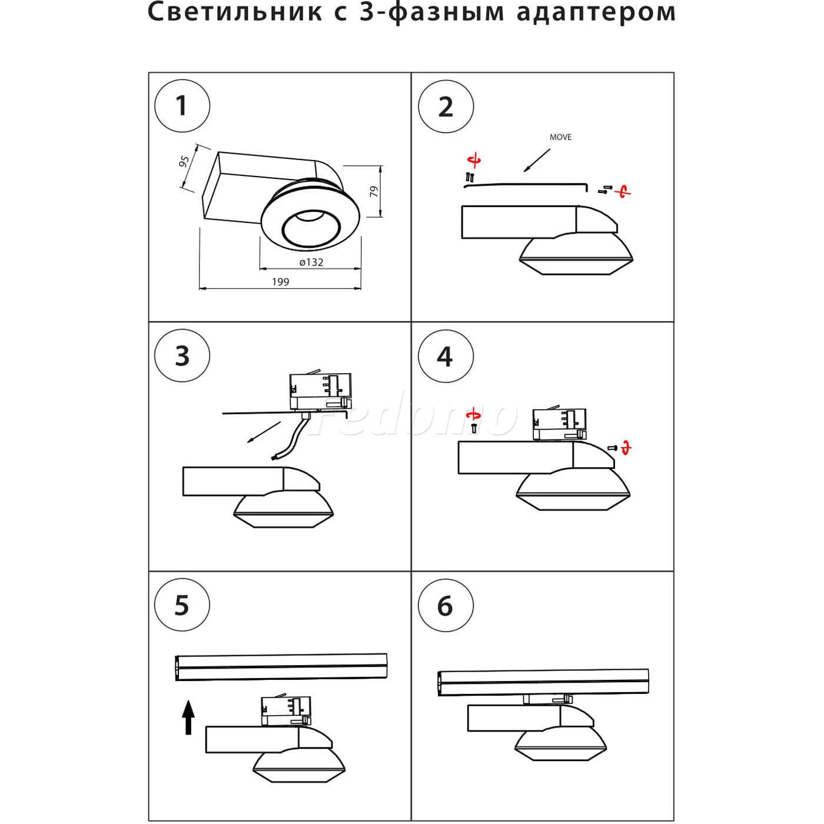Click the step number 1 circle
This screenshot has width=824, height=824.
[x=182, y=107]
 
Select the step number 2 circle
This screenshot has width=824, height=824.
[x=446, y=107]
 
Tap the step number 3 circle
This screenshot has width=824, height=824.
[x=182, y=356]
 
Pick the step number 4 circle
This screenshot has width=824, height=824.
[x=446, y=356]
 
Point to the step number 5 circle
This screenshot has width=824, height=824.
[x=182, y=606]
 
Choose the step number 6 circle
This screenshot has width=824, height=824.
[x=446, y=606]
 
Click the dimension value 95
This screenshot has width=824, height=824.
[x=184, y=161]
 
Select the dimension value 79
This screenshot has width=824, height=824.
[x=374, y=191]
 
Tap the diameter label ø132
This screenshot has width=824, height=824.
[x=311, y=263]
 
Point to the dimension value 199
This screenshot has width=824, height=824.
[x=281, y=282]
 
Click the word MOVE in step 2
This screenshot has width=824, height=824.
[x=560, y=137]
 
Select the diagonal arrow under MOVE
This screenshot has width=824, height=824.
[x=537, y=160]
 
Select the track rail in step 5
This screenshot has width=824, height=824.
[x=281, y=666]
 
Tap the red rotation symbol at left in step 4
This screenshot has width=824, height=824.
[x=473, y=416]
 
